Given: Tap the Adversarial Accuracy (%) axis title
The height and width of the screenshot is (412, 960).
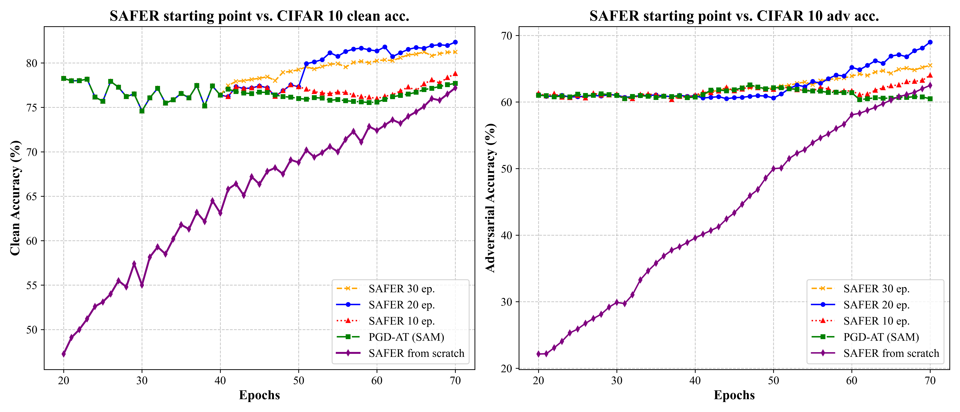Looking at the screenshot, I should (x=490, y=198).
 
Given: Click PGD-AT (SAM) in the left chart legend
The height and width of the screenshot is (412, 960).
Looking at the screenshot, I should (x=406, y=337).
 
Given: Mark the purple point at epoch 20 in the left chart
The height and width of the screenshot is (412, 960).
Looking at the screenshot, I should (x=64, y=354).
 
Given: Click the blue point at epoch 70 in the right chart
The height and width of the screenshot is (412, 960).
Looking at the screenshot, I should (x=930, y=42).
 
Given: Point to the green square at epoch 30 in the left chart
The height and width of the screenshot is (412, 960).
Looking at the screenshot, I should (x=142, y=111).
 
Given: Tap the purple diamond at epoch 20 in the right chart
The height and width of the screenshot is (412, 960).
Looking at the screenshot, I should (x=539, y=354).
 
